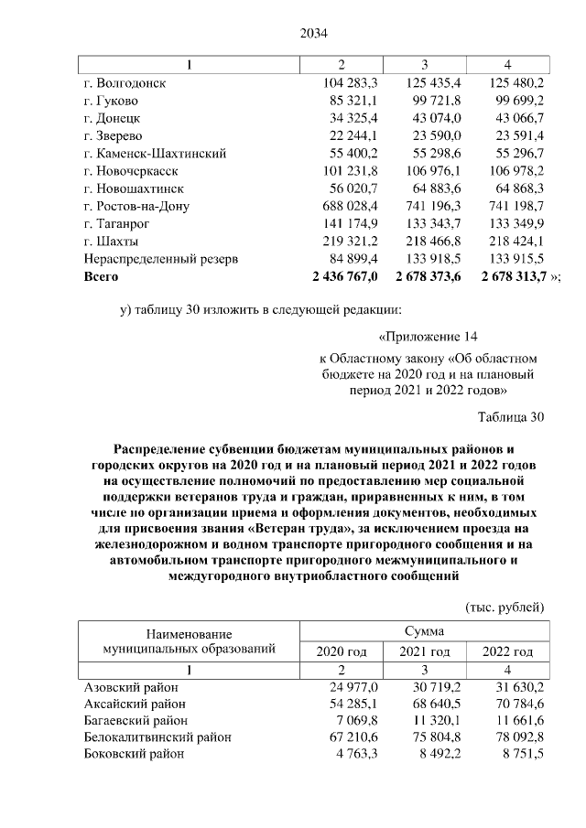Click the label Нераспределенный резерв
click(160, 259)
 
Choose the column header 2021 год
click(425, 651)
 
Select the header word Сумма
click(425, 631)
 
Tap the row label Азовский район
click(132, 687)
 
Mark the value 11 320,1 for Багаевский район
click(427, 720)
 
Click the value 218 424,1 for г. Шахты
click(510, 242)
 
